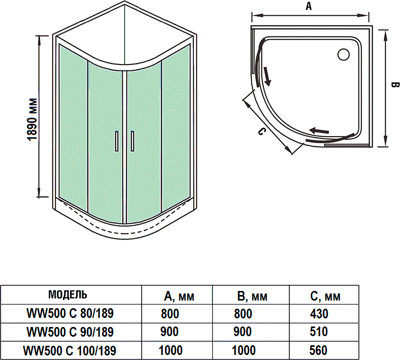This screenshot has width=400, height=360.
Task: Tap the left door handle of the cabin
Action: pos(116,141)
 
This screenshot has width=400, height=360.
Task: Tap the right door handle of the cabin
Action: pos(132,141)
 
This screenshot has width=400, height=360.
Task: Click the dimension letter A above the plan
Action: pos(309,6)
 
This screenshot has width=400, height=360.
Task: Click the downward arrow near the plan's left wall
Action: pos(267,79)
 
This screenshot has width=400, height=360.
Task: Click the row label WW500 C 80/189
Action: pos(70,314)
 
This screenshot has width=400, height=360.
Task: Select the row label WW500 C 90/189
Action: pos(70,332)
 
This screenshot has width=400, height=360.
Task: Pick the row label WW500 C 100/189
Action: pos(70,350)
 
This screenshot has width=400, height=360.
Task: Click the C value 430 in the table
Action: pos(319,314)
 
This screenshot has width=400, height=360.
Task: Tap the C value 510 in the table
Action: pos(319,332)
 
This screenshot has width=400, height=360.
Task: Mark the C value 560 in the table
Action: pos(319,350)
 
